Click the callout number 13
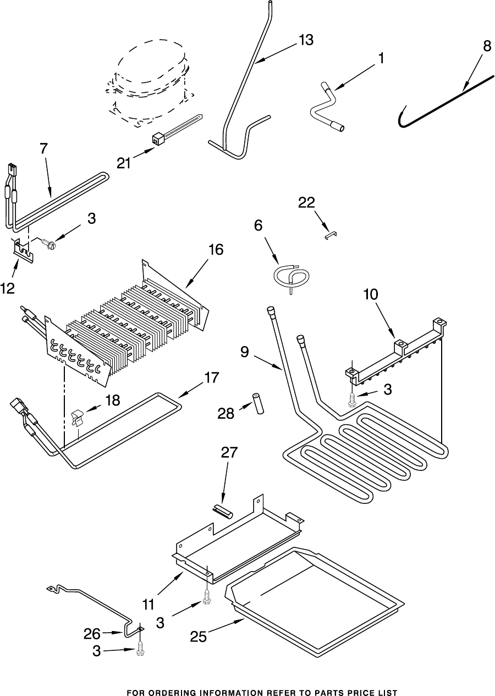coord(306,40)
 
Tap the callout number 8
coord(487,46)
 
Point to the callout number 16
coord(216,250)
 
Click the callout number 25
coord(198,637)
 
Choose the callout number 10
coord(371,294)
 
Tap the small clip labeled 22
coord(330,234)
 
